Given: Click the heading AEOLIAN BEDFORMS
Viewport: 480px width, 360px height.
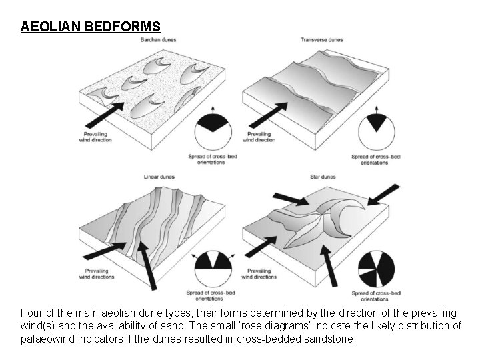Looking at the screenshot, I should (91, 27).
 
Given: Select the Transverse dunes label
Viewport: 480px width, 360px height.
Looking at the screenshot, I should (321, 40).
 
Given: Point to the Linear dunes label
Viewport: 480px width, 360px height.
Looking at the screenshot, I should (159, 177).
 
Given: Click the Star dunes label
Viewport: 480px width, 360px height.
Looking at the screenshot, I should (323, 177).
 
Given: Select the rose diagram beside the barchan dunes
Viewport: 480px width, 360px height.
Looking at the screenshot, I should (214, 131).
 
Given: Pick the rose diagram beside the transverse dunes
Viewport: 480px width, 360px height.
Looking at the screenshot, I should (378, 131).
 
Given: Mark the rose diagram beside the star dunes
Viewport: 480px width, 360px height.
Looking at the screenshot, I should (377, 269).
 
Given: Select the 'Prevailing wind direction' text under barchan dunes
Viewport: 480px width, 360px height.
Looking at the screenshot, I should (94, 137).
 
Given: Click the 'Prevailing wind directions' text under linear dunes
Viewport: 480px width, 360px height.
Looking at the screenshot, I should (97, 274).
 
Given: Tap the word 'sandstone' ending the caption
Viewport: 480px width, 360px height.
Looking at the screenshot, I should (333, 339).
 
